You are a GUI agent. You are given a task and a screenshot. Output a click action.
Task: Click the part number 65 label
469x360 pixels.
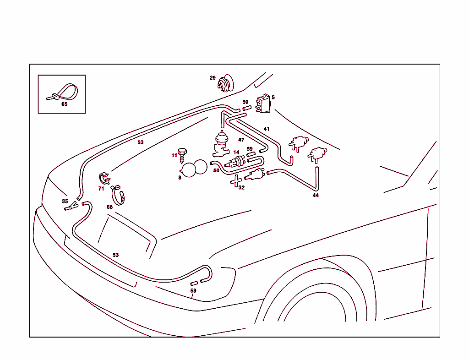(64, 104)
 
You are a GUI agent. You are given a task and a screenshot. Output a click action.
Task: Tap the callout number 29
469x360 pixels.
(213, 78)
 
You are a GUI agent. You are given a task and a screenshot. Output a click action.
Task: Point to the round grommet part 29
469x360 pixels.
(225, 84)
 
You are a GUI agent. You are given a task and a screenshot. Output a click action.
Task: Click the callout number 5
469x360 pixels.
(273, 97)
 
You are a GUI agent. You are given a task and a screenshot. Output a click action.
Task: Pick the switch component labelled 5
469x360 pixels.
(263, 104)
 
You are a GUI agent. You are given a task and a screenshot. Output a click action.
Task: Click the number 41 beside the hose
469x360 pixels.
(267, 129)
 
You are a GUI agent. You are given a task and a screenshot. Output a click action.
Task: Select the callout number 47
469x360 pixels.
(241, 140)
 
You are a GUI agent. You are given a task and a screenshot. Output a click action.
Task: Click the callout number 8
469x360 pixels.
(180, 178)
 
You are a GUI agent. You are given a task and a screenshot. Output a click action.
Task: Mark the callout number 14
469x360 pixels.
(236, 153)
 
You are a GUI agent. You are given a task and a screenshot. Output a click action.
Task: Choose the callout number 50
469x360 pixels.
(216, 170)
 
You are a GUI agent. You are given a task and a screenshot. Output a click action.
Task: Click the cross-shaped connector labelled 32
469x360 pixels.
(236, 181)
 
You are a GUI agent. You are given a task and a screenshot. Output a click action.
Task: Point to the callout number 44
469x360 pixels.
(316, 195)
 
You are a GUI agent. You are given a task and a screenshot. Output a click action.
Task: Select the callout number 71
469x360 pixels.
(101, 188)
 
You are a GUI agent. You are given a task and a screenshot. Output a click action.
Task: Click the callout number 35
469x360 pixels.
(65, 201)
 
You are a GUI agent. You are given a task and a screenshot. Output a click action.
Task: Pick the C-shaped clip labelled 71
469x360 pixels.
(105, 178)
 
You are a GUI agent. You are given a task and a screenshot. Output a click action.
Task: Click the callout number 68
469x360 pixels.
(109, 207)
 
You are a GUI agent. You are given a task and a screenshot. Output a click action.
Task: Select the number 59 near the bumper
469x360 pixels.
(193, 291)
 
